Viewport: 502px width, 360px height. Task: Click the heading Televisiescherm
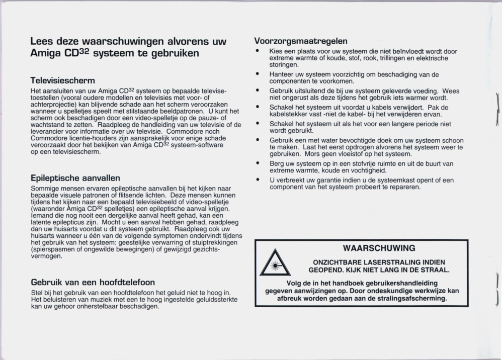(63, 80)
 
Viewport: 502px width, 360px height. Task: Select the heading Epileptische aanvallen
(75, 178)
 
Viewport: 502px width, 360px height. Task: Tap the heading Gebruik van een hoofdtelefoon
(93, 282)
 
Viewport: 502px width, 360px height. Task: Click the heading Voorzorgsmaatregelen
(301, 41)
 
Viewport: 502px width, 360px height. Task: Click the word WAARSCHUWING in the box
(379, 248)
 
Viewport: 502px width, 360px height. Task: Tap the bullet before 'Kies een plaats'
(257, 51)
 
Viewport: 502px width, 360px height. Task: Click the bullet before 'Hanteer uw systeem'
(257, 74)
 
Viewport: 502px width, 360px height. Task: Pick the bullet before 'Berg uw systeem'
(257, 163)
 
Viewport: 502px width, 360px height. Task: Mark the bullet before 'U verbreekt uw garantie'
(257, 179)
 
